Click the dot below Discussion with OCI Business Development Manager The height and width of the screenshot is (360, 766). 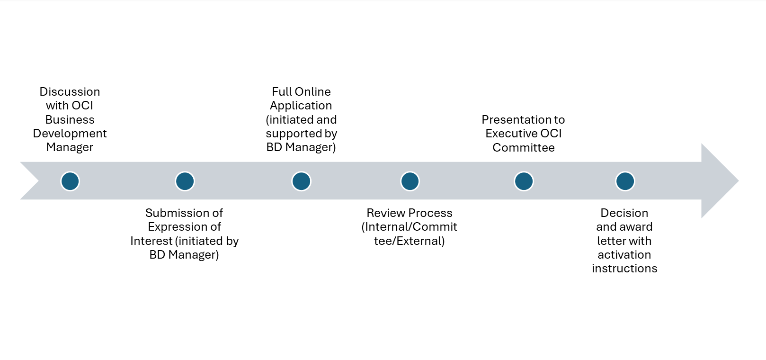click(x=70, y=181)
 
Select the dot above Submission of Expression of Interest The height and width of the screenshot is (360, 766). click(x=185, y=181)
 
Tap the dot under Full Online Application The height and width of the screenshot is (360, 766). click(x=301, y=181)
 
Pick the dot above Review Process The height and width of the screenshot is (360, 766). click(x=410, y=181)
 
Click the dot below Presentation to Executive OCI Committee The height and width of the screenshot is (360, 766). click(x=524, y=181)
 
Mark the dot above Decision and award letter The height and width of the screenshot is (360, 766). click(x=625, y=181)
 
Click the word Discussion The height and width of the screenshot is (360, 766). click(x=70, y=92)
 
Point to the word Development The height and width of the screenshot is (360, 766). click(x=70, y=134)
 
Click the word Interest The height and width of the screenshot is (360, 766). click(x=151, y=241)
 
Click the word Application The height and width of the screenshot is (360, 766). click(x=301, y=106)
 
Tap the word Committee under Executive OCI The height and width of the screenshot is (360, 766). click(x=524, y=148)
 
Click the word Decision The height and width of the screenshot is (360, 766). click(x=624, y=213)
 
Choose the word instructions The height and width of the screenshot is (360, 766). click(x=624, y=269)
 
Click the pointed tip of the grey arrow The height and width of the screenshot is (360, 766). click(x=739, y=180)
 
